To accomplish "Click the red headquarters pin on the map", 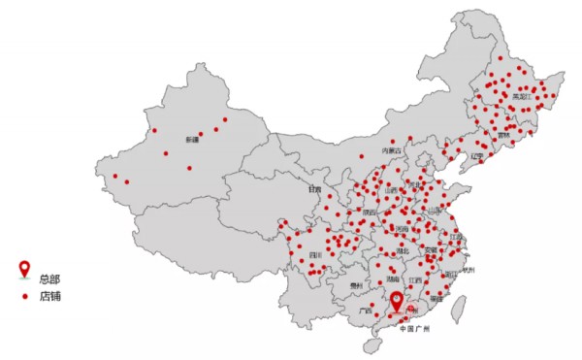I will tap(396, 303).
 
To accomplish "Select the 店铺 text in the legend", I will tap(50, 295).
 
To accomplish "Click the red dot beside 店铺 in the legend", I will tap(25, 295).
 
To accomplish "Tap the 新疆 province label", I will tap(192, 139).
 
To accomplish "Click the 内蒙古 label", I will tap(391, 150).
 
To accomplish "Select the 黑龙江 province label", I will tap(522, 96).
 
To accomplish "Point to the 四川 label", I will tap(315, 255).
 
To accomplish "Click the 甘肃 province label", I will tap(314, 189).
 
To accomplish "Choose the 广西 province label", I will tap(365, 311).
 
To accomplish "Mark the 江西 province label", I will tap(416, 279).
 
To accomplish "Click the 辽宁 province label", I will tap(476, 155).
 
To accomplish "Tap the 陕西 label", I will tap(370, 211).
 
